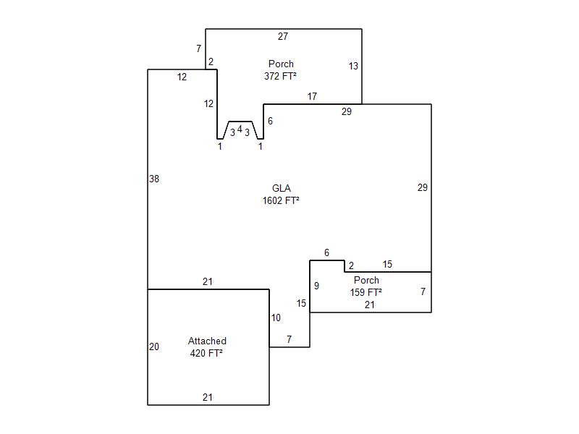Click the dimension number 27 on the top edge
[283, 36]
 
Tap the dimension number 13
[353, 66]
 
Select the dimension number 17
[312, 96]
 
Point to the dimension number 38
[154, 179]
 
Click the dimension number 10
[276, 318]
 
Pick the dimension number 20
[154, 346]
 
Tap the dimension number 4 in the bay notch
[240, 129]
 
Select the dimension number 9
[316, 286]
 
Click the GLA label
[281, 188]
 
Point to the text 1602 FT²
[281, 201]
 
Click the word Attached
[207, 341]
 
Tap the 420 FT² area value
[206, 354]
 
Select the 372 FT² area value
[281, 75]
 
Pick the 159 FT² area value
[366, 292]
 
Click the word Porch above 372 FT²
[281, 64]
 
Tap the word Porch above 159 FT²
[366, 280]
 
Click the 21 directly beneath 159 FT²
[370, 305]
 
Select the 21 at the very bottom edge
[208, 397]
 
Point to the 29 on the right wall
[423, 187]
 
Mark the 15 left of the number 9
[302, 303]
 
